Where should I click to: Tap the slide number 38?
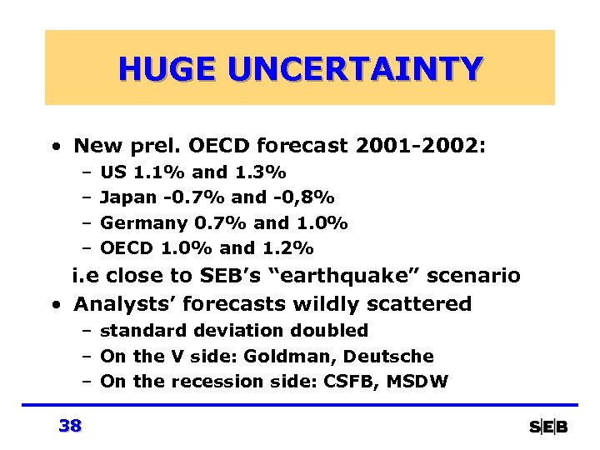[x=70, y=427]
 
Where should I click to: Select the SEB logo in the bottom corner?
[x=548, y=427]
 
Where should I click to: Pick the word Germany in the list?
[x=143, y=223]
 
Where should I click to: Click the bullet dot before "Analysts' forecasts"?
[x=54, y=305]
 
